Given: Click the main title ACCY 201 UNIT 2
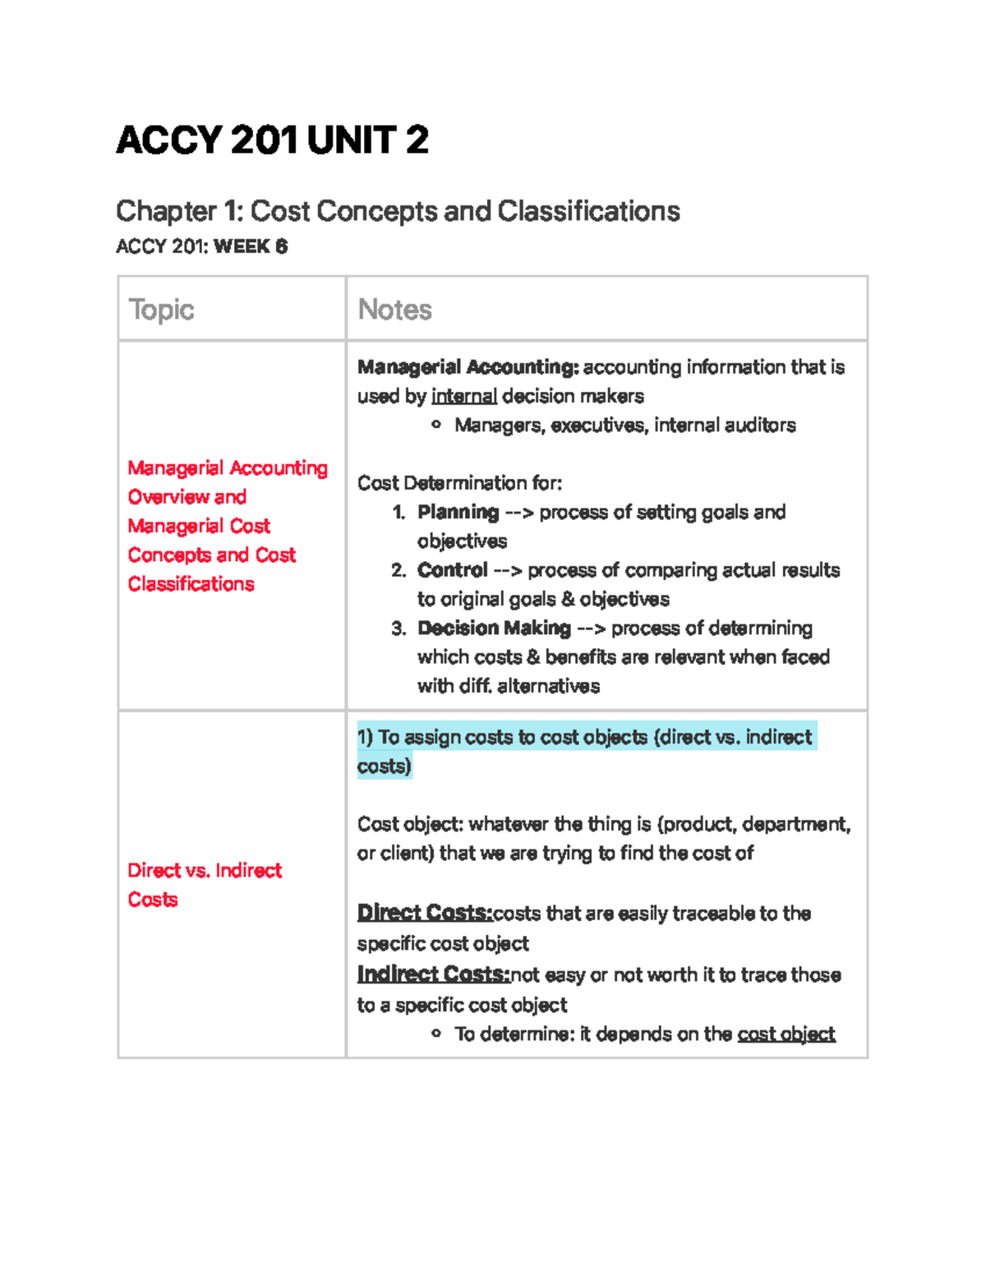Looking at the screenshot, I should [x=272, y=140].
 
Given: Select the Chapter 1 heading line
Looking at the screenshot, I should [x=398, y=211].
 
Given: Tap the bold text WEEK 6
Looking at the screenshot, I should [x=251, y=246].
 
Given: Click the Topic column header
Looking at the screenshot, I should [x=161, y=310].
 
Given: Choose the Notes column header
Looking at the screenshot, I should [x=394, y=310].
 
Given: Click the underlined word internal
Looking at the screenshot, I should [x=463, y=396].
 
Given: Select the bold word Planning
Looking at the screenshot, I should [x=458, y=512].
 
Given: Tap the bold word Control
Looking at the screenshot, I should [x=452, y=570].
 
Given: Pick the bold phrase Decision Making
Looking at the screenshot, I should [x=494, y=629].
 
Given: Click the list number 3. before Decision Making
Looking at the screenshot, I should [x=399, y=629].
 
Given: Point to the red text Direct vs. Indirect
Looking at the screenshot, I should [x=205, y=870].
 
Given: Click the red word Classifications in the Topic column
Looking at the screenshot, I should [x=191, y=584].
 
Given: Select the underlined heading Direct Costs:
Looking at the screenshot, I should [x=424, y=913].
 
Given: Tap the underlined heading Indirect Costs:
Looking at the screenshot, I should [x=433, y=974].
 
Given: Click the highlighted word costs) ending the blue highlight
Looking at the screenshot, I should [x=384, y=767].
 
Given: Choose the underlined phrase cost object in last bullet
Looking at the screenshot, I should [x=786, y=1034].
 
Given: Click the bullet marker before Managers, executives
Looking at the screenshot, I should [x=436, y=425].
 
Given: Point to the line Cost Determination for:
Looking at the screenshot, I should [x=459, y=483].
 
